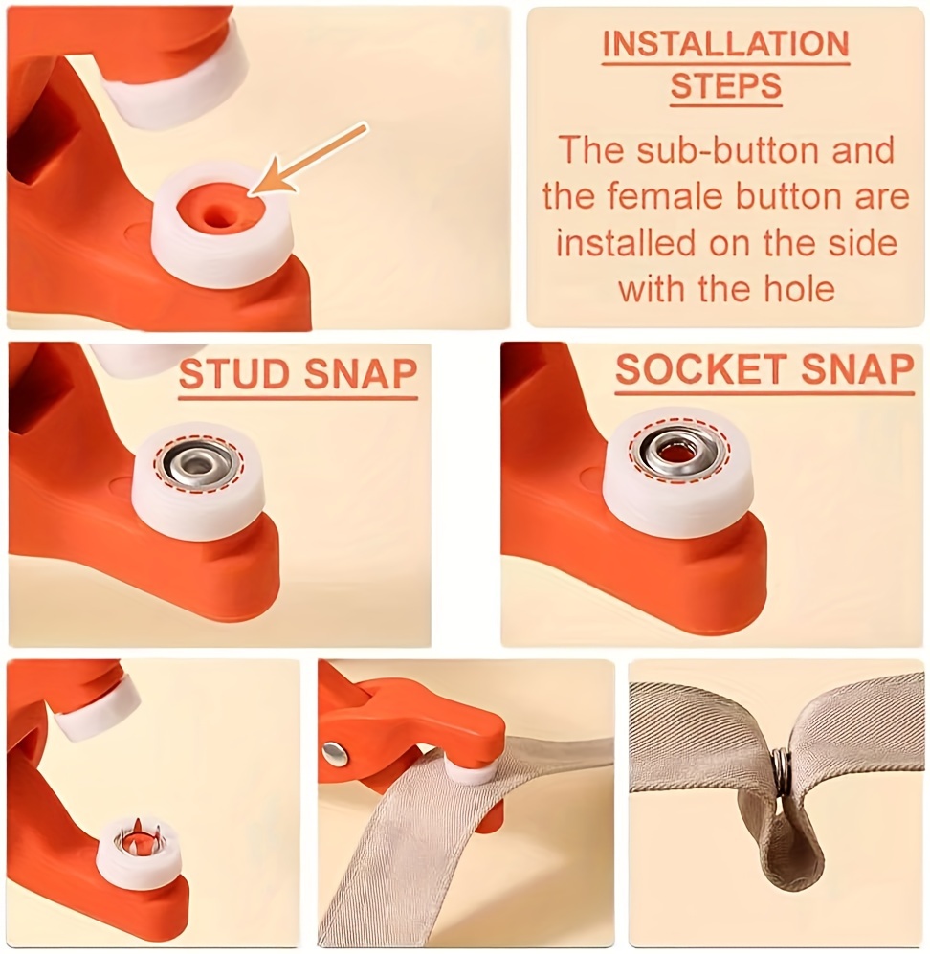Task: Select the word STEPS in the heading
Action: (x=725, y=87)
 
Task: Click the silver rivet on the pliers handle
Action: (x=334, y=754)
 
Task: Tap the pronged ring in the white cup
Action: (x=137, y=839)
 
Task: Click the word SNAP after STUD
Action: (x=353, y=376)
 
